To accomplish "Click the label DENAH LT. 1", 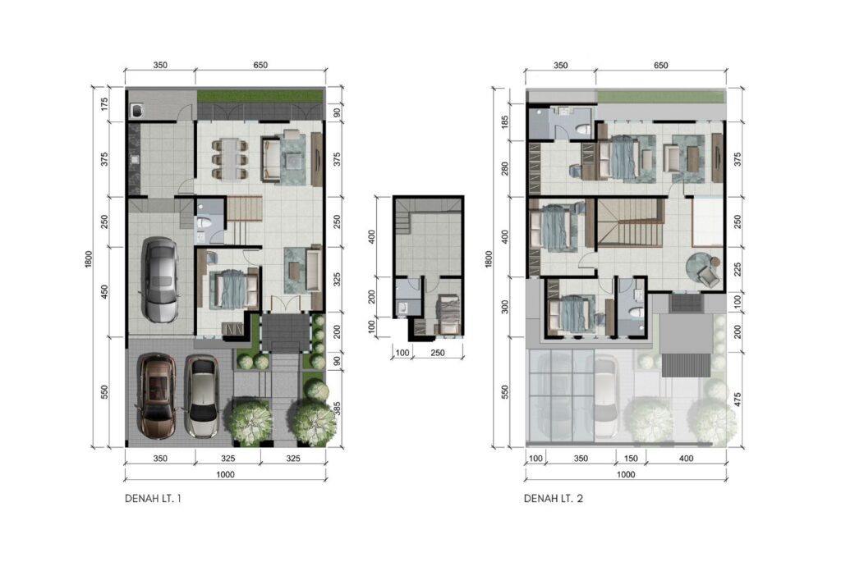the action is point(153,499).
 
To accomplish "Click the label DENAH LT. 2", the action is point(554,499).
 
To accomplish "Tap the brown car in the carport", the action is point(156,395).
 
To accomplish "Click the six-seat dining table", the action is point(230,158).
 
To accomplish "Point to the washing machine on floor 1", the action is point(137,111).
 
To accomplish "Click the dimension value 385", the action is point(338,409).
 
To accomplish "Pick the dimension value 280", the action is point(504,169).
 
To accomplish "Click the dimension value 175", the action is point(104,104).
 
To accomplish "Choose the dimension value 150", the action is point(632,459).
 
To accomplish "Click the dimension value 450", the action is point(104,292).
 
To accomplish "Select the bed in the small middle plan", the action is point(448,315).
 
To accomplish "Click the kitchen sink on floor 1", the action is point(134,159).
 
